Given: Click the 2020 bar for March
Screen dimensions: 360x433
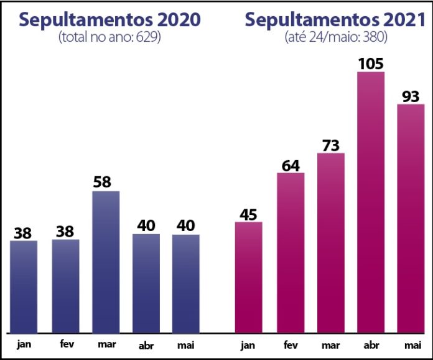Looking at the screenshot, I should (x=106, y=262).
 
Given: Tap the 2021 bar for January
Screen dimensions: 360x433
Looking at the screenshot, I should (x=248, y=277).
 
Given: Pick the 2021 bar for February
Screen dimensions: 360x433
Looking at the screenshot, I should (x=290, y=252).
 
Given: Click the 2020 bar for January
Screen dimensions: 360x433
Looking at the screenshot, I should (x=24, y=287).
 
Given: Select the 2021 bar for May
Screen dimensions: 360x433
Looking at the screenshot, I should (x=411, y=218).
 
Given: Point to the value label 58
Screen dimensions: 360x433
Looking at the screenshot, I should (x=106, y=182).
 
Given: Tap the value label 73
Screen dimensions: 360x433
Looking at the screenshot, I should (x=330, y=144).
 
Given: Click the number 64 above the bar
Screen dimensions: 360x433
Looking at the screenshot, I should (x=290, y=165).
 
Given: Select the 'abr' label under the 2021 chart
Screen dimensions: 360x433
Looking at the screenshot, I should (x=371, y=345).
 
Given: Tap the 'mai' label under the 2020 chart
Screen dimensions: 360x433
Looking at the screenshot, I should (x=185, y=345).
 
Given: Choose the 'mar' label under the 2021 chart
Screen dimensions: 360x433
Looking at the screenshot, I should (x=330, y=344).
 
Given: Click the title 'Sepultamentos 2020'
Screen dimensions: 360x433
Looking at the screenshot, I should (x=109, y=19).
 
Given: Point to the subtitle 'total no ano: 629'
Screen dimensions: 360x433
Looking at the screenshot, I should (x=109, y=37).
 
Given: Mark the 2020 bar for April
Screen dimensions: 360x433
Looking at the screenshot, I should (x=146, y=283).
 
